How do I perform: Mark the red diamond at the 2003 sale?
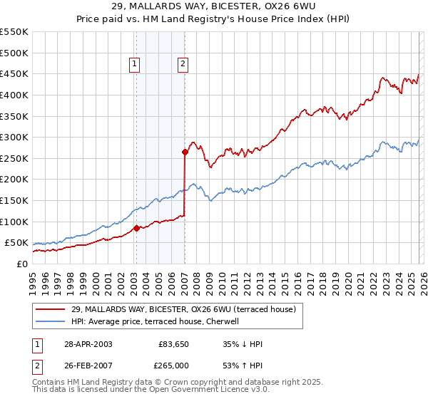click(x=136, y=229)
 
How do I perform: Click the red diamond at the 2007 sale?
click(x=185, y=152)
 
